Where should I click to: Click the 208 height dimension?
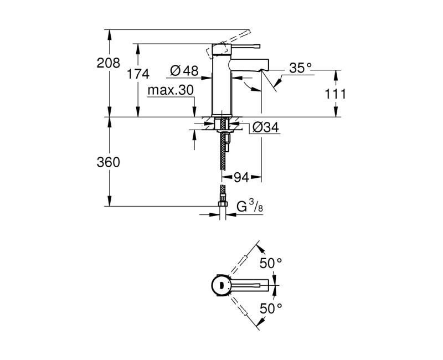108,63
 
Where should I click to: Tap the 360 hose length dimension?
108,162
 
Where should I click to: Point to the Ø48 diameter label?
184,70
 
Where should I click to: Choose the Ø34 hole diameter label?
265,128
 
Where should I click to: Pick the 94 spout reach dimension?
241,177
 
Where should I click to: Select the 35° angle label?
301,68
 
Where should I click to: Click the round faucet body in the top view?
221,285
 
